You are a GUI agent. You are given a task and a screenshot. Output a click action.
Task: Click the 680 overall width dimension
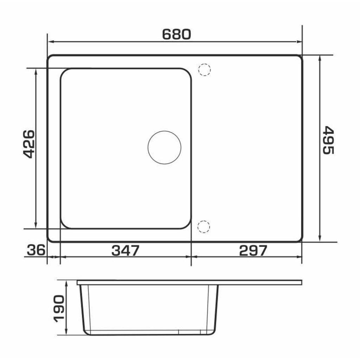click(x=176, y=34)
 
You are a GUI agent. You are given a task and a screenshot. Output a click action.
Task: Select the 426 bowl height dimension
click(x=29, y=144)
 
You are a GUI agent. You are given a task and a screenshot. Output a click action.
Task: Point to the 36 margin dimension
click(x=36, y=250)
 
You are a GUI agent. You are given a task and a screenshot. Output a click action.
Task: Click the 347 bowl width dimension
click(x=126, y=250)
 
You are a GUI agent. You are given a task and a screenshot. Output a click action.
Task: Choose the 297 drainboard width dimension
click(x=253, y=250)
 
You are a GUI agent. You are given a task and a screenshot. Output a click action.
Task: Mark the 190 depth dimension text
click(x=59, y=309)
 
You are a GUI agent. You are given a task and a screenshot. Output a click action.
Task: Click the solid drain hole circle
click(x=165, y=147)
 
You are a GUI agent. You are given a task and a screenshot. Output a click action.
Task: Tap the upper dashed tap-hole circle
click(x=204, y=70)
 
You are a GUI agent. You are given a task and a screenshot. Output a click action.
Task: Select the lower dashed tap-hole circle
click(x=204, y=227)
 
